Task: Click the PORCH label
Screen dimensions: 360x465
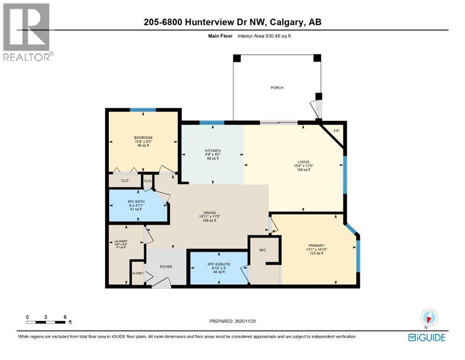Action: click(277, 88)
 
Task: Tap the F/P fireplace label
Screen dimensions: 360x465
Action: click(336, 131)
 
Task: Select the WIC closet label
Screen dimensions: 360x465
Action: click(262, 250)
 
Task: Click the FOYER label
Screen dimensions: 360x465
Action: click(166, 267)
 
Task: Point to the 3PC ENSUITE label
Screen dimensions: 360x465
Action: click(218, 264)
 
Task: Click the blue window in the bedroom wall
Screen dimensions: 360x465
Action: click(143, 110)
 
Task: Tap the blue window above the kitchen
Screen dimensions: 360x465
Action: click(212, 123)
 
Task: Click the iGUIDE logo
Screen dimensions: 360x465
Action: click(426, 337)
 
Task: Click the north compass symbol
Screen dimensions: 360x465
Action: click(429, 317)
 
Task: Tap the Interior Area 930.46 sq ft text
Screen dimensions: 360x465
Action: click(264, 36)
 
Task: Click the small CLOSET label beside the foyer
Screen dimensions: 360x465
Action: click(138, 272)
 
